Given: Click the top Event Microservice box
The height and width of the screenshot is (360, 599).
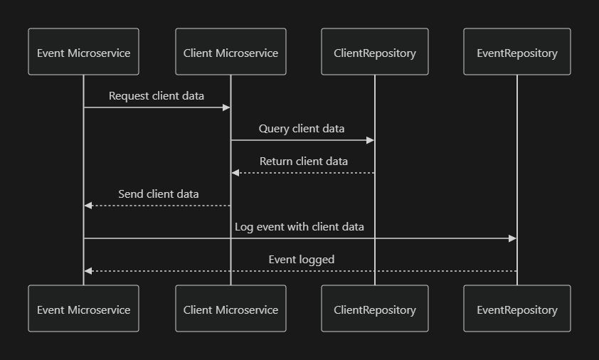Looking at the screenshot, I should point(83,52).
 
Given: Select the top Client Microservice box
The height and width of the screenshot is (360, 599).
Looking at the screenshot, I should point(230,52).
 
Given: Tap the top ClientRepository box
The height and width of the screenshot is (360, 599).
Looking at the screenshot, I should point(375,52).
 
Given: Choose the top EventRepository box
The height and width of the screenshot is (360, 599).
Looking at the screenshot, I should point(517,52).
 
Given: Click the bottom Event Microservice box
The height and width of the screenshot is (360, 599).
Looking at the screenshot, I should point(83,309).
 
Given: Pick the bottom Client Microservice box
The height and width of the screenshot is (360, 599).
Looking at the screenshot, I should point(230,309).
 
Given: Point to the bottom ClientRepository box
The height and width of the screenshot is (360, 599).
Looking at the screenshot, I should point(375,309).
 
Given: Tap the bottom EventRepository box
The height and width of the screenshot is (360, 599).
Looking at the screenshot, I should point(517,309).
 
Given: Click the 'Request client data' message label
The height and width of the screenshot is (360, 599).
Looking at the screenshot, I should point(157,96).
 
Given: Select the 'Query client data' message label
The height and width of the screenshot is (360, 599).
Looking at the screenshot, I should point(302,129).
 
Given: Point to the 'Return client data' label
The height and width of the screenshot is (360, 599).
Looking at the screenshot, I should point(304,162).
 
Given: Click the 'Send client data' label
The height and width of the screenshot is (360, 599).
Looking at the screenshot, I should point(158,194).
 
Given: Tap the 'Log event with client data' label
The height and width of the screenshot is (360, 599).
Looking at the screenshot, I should point(299,227).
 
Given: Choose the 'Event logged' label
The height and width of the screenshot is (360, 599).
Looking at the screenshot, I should point(301,260).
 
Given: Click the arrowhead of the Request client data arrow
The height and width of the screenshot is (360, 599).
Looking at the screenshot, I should point(226,107).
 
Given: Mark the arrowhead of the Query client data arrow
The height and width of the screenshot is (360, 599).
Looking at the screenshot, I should point(370,140).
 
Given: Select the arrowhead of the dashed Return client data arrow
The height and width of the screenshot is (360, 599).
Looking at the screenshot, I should point(235,173).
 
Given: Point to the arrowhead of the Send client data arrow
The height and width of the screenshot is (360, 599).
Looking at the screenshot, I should point(88,206).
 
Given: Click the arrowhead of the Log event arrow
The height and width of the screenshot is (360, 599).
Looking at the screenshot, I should point(512,238).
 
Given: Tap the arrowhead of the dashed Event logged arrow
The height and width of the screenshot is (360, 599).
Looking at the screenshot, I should point(88,271).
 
